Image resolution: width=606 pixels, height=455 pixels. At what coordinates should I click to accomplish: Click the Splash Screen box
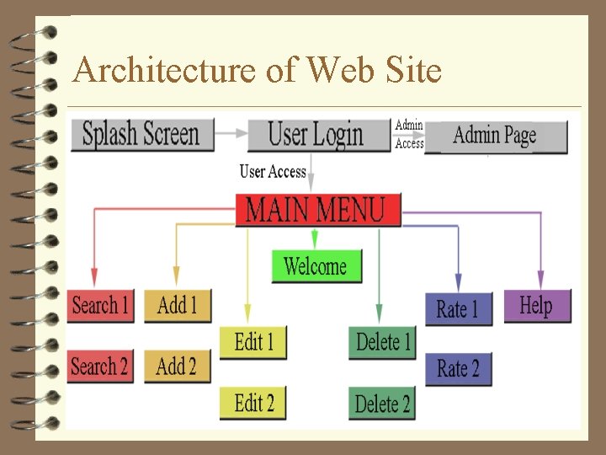141,135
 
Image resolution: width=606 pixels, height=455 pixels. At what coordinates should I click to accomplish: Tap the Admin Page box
496,136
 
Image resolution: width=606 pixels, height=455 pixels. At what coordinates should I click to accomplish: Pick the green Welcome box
316,266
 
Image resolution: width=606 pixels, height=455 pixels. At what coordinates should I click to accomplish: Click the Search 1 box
101,305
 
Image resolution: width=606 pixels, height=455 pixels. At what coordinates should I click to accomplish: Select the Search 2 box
100,367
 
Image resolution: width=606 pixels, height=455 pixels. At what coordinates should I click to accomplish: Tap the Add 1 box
177,305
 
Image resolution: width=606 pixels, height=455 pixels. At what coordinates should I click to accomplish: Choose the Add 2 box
177,367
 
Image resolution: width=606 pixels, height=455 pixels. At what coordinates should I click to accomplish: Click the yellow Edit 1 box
252,342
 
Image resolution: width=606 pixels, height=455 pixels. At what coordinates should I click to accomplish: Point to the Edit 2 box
252,403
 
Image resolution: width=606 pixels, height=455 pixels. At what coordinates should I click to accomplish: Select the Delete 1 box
382,342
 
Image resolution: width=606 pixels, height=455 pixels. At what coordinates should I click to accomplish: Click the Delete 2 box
382,404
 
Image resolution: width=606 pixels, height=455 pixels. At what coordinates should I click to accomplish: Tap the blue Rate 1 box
458,309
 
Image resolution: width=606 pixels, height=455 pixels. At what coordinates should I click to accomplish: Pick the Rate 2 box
458,369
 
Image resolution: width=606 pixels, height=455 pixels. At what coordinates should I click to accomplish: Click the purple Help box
537,305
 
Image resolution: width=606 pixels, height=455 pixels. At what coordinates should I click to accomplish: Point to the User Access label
272,172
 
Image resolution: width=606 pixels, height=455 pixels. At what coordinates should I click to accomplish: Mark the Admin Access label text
409,135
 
